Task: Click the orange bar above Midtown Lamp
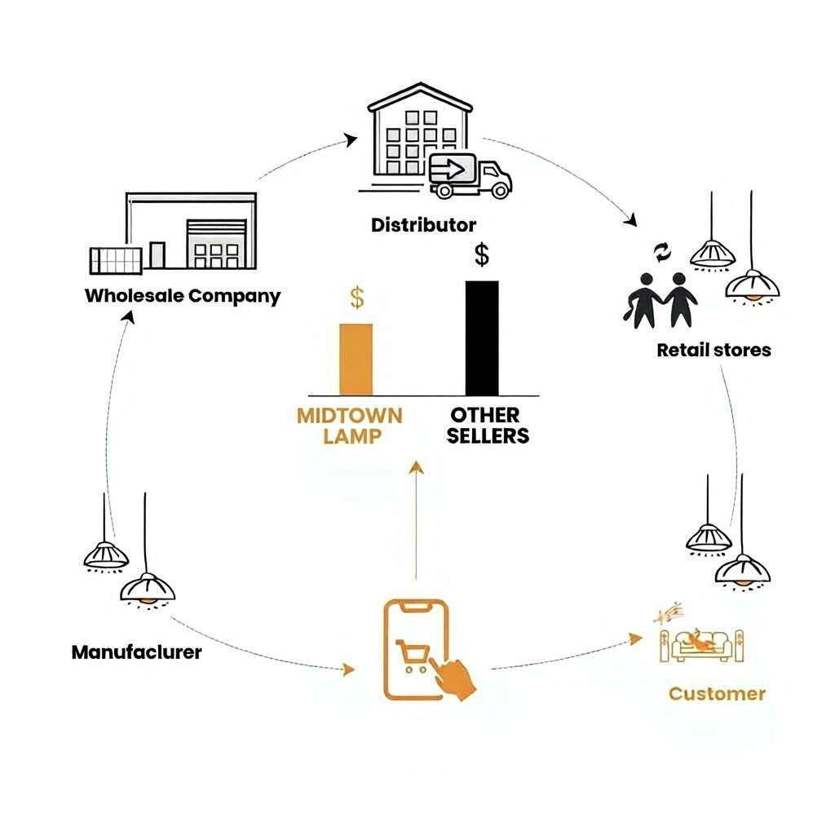(x=356, y=360)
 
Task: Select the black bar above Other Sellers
(x=481, y=338)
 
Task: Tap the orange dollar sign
(x=357, y=298)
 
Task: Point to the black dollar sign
(x=482, y=255)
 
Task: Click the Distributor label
(x=423, y=224)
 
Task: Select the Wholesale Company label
(x=183, y=295)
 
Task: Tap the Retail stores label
(x=714, y=351)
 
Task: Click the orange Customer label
(x=717, y=694)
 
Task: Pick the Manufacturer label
(x=136, y=652)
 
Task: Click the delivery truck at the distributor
(x=471, y=175)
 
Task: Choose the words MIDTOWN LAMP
(x=350, y=426)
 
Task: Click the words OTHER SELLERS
(x=488, y=426)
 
